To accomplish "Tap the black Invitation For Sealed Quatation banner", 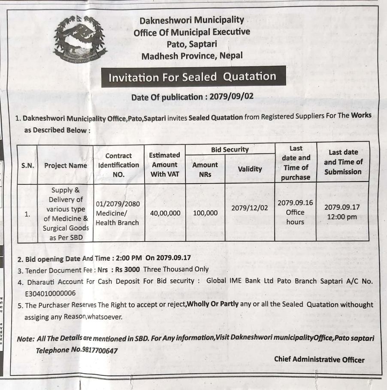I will coord(192,77).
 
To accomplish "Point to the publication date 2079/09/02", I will coord(231,97).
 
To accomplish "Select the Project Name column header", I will coord(65,165).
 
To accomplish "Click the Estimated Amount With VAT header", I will coord(165,165).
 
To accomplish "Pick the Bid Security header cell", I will coord(230,150).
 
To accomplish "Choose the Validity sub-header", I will coord(250,169).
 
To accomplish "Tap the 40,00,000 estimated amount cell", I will coord(165,213).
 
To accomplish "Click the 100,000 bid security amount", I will coord(205,213).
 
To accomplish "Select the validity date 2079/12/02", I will coord(250,208).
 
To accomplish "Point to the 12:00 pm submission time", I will coord(342,217).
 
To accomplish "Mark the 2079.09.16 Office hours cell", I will coord(295,212).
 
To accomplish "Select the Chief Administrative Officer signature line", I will coord(319,360).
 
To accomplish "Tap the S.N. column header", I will coord(27,165).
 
